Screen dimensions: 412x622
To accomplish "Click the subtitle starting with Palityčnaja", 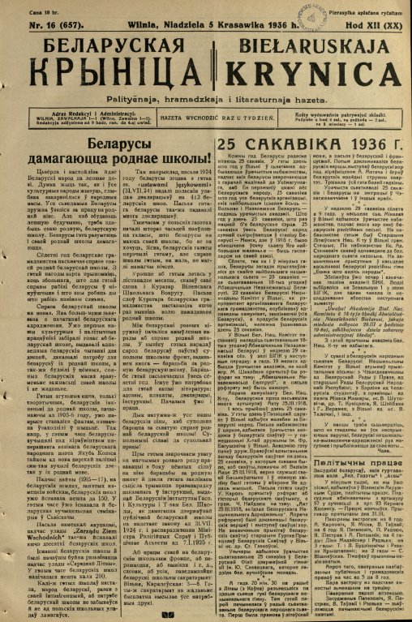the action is click(205, 96).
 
